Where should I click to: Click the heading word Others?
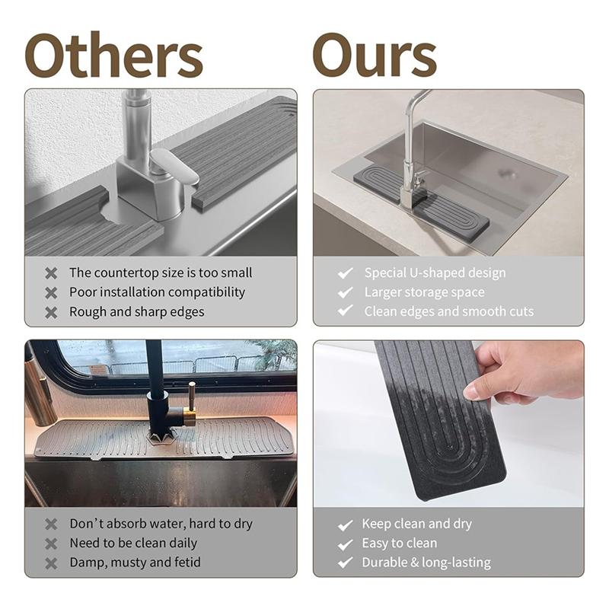pos(113,55)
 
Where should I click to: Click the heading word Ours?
pos(374,55)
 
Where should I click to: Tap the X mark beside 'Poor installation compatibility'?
pos(51,292)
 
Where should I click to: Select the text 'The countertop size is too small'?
pos(161,273)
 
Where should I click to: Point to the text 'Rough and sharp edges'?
pos(136,311)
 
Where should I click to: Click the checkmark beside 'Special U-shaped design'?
pos(346,273)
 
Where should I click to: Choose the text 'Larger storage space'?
pos(424,292)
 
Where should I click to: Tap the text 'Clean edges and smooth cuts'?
pos(448,311)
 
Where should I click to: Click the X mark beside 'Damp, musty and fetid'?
pos(51,563)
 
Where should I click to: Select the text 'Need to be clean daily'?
pos(133,544)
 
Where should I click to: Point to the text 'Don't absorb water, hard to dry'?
pos(161,524)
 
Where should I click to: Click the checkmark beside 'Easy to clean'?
pos(346,544)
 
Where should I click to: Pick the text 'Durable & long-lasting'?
pos(426,563)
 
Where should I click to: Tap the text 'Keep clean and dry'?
pos(416,524)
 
